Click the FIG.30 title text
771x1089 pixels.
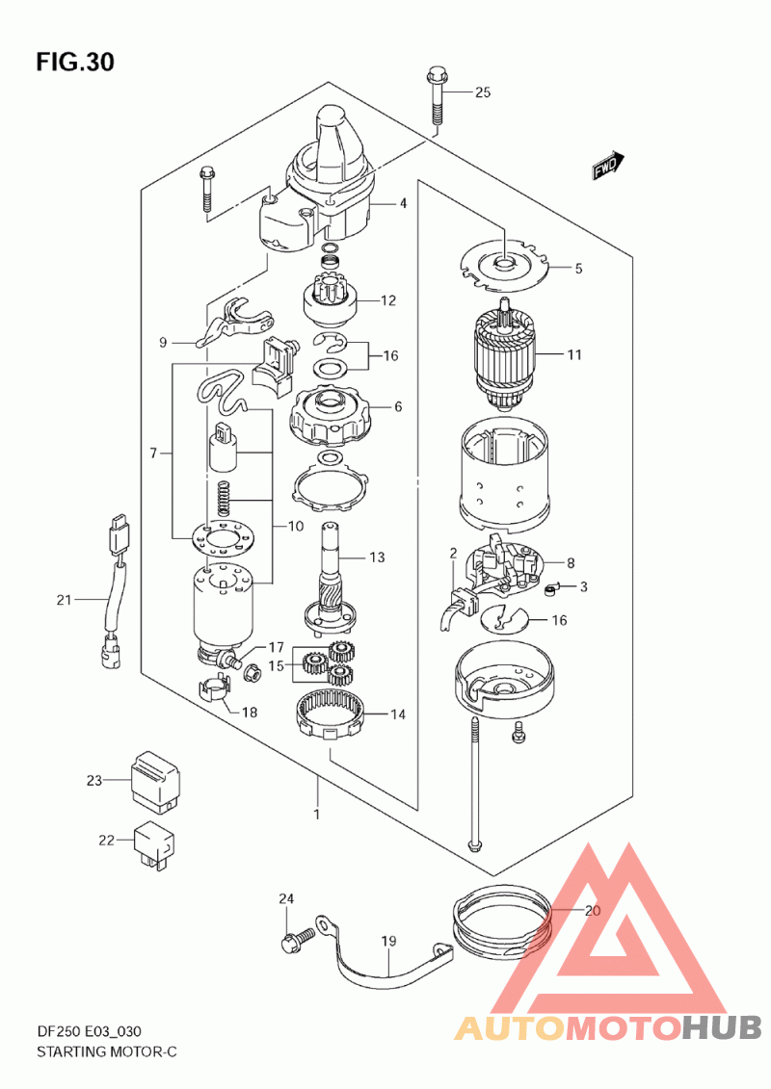(x=75, y=63)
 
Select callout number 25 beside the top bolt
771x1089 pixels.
(x=483, y=92)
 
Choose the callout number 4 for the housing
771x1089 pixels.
(x=403, y=203)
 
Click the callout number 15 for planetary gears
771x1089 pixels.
(x=276, y=666)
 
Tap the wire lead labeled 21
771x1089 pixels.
(x=116, y=591)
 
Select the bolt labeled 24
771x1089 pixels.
(x=298, y=940)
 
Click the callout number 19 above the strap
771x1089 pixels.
(x=388, y=941)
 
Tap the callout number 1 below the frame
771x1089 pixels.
(x=317, y=814)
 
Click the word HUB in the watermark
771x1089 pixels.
(x=721, y=1026)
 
